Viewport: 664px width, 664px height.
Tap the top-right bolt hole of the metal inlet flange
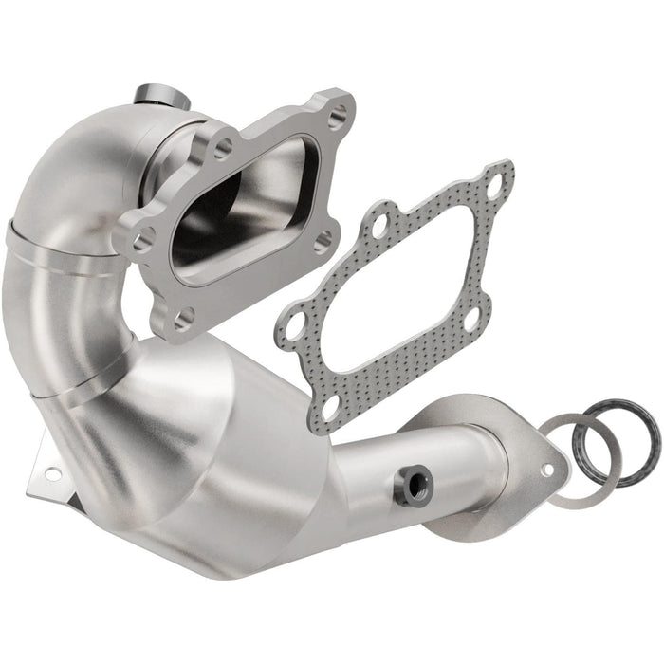coord(337,115)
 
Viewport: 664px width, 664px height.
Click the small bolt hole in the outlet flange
coord(547,469)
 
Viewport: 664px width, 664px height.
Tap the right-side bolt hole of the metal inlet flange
coord(323,241)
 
